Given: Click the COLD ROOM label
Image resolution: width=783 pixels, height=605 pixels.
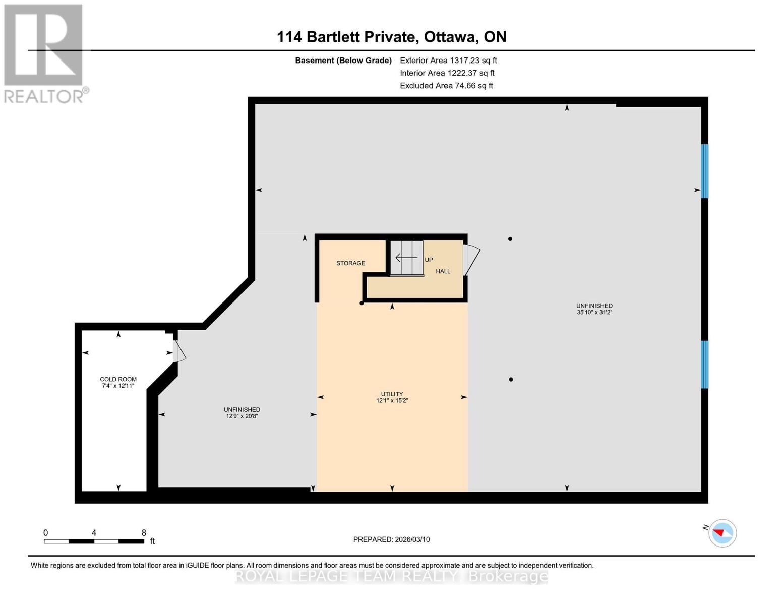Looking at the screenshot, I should [x=118, y=379].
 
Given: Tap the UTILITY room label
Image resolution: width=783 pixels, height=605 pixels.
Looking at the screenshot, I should [x=392, y=394].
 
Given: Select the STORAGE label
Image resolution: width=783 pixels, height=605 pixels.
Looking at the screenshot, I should [x=350, y=263].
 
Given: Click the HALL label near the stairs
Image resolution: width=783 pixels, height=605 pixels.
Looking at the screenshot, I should [x=443, y=271].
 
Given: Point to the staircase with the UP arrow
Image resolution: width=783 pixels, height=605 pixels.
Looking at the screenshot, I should [x=407, y=258].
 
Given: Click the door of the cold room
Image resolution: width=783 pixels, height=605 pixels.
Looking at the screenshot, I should [x=179, y=351].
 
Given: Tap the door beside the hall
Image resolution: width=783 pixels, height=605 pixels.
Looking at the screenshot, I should [x=471, y=260].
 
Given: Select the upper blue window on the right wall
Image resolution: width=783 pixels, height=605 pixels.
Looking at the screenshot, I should [x=704, y=171].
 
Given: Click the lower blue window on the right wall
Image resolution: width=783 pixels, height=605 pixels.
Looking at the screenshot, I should [x=704, y=364].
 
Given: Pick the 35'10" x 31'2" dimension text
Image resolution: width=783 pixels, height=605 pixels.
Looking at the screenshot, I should [x=594, y=313].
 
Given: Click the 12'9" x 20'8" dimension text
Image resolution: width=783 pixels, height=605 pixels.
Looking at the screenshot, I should [x=242, y=416].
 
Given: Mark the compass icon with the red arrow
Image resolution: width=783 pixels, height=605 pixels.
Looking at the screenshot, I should [x=722, y=533].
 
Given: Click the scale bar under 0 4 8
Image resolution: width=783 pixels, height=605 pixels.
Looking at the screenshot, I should [x=94, y=541].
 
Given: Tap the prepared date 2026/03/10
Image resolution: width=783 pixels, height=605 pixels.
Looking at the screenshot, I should [x=391, y=539].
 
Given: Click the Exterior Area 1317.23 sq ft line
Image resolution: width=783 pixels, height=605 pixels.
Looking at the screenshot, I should [x=448, y=60].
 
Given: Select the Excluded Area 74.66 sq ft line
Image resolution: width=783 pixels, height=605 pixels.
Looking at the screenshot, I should [x=446, y=86].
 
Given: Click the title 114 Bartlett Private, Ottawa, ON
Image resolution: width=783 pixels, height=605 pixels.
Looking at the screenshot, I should [x=391, y=37].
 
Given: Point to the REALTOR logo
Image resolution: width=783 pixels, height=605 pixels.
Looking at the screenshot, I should [x=44, y=53].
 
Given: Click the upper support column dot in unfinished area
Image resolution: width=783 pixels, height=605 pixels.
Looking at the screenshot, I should [x=510, y=239].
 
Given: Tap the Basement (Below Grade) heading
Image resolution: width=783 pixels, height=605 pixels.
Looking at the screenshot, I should [x=343, y=60].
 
